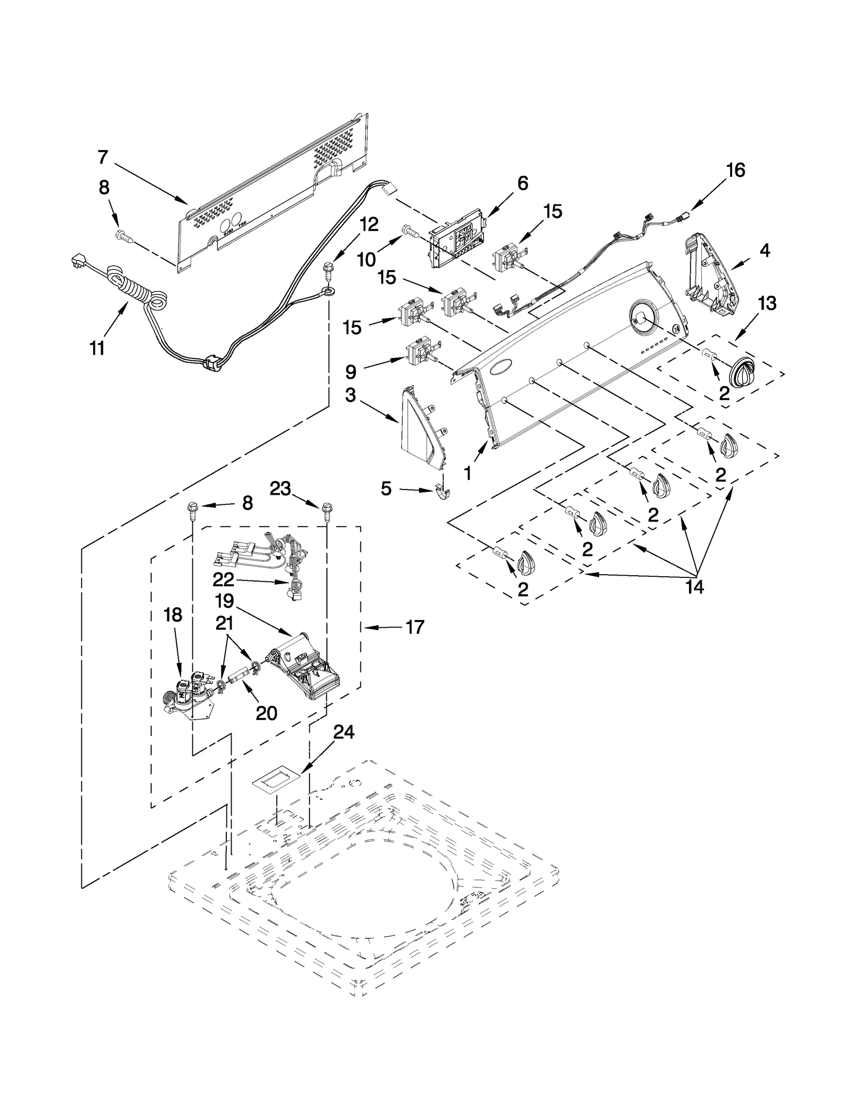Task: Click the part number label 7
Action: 103,157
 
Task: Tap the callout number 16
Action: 735,171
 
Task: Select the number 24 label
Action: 343,732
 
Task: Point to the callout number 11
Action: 97,348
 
